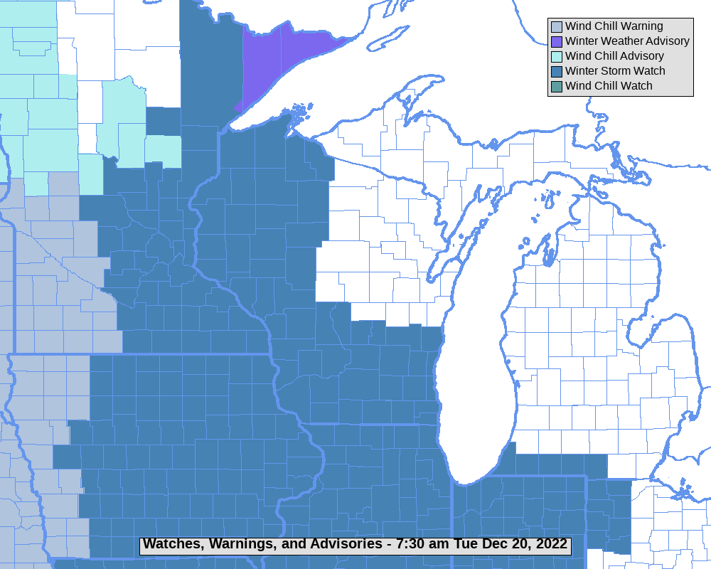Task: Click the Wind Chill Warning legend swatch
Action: pos(556,27)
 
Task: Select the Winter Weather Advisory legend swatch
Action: pos(556,42)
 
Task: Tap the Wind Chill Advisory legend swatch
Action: pos(556,57)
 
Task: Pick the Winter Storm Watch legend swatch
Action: pos(556,72)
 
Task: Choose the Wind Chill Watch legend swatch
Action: pos(556,87)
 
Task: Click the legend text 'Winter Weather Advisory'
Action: pos(627,41)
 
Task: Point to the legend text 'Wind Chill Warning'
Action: pos(614,26)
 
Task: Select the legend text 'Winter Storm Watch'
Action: pos(615,71)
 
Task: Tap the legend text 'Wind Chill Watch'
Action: pos(609,86)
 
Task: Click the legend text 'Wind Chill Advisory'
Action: pos(614,56)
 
